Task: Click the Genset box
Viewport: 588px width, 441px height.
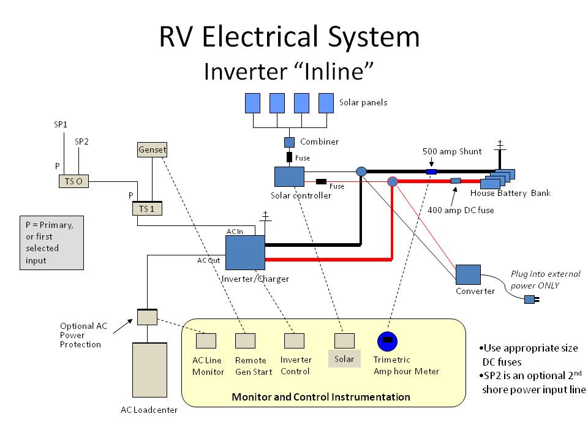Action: [151, 149]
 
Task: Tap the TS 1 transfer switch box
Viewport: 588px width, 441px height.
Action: [146, 208]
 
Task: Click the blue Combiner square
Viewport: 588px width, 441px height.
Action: [289, 142]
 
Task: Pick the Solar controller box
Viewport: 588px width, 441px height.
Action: [290, 176]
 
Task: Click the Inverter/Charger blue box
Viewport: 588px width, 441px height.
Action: [245, 252]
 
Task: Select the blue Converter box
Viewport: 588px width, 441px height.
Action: [468, 274]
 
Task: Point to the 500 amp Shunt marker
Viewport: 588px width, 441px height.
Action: [432, 171]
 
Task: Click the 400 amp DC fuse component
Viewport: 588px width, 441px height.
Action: [456, 181]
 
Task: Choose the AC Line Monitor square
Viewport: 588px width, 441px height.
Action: [206, 340]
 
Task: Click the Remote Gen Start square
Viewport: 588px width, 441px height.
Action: [245, 340]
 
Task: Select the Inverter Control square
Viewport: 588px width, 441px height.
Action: [294, 340]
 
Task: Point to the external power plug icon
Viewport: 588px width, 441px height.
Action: [530, 300]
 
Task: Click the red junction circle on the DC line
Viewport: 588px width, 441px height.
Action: [393, 181]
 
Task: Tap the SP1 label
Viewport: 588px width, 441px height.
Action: [61, 124]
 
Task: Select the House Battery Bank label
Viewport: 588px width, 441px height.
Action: [510, 194]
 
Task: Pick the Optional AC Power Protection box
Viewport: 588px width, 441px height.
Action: [147, 317]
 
